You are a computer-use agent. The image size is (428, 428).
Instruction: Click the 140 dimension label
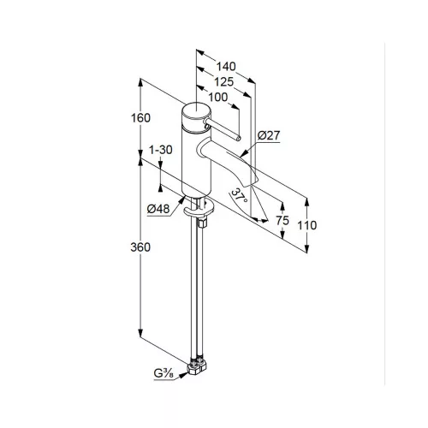(x=226, y=67)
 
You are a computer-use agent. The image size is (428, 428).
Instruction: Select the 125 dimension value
(x=224, y=82)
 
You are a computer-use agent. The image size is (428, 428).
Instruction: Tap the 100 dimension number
(x=218, y=98)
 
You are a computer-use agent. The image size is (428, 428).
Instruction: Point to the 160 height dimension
(x=140, y=118)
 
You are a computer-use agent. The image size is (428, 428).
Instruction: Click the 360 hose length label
(x=140, y=247)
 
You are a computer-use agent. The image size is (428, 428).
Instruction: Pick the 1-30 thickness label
(x=161, y=150)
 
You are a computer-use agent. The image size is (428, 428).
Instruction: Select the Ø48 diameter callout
(x=158, y=209)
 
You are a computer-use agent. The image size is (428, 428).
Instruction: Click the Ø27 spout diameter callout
(x=269, y=135)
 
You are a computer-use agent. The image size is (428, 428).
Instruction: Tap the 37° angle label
(x=240, y=196)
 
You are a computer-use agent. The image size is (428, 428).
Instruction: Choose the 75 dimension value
(x=282, y=220)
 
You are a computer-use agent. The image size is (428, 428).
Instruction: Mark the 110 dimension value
(x=307, y=225)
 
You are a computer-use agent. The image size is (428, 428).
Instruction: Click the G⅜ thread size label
(x=163, y=373)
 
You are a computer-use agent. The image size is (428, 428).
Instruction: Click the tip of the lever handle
(x=238, y=139)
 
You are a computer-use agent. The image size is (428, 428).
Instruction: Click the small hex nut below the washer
(x=202, y=223)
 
